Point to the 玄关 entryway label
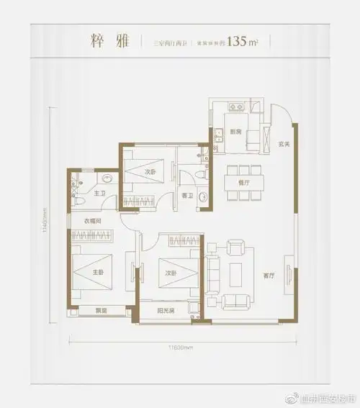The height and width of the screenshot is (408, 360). click(283, 143)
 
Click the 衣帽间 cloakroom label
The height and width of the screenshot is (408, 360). click(91, 221)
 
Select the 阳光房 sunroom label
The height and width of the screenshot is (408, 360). click(167, 310)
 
